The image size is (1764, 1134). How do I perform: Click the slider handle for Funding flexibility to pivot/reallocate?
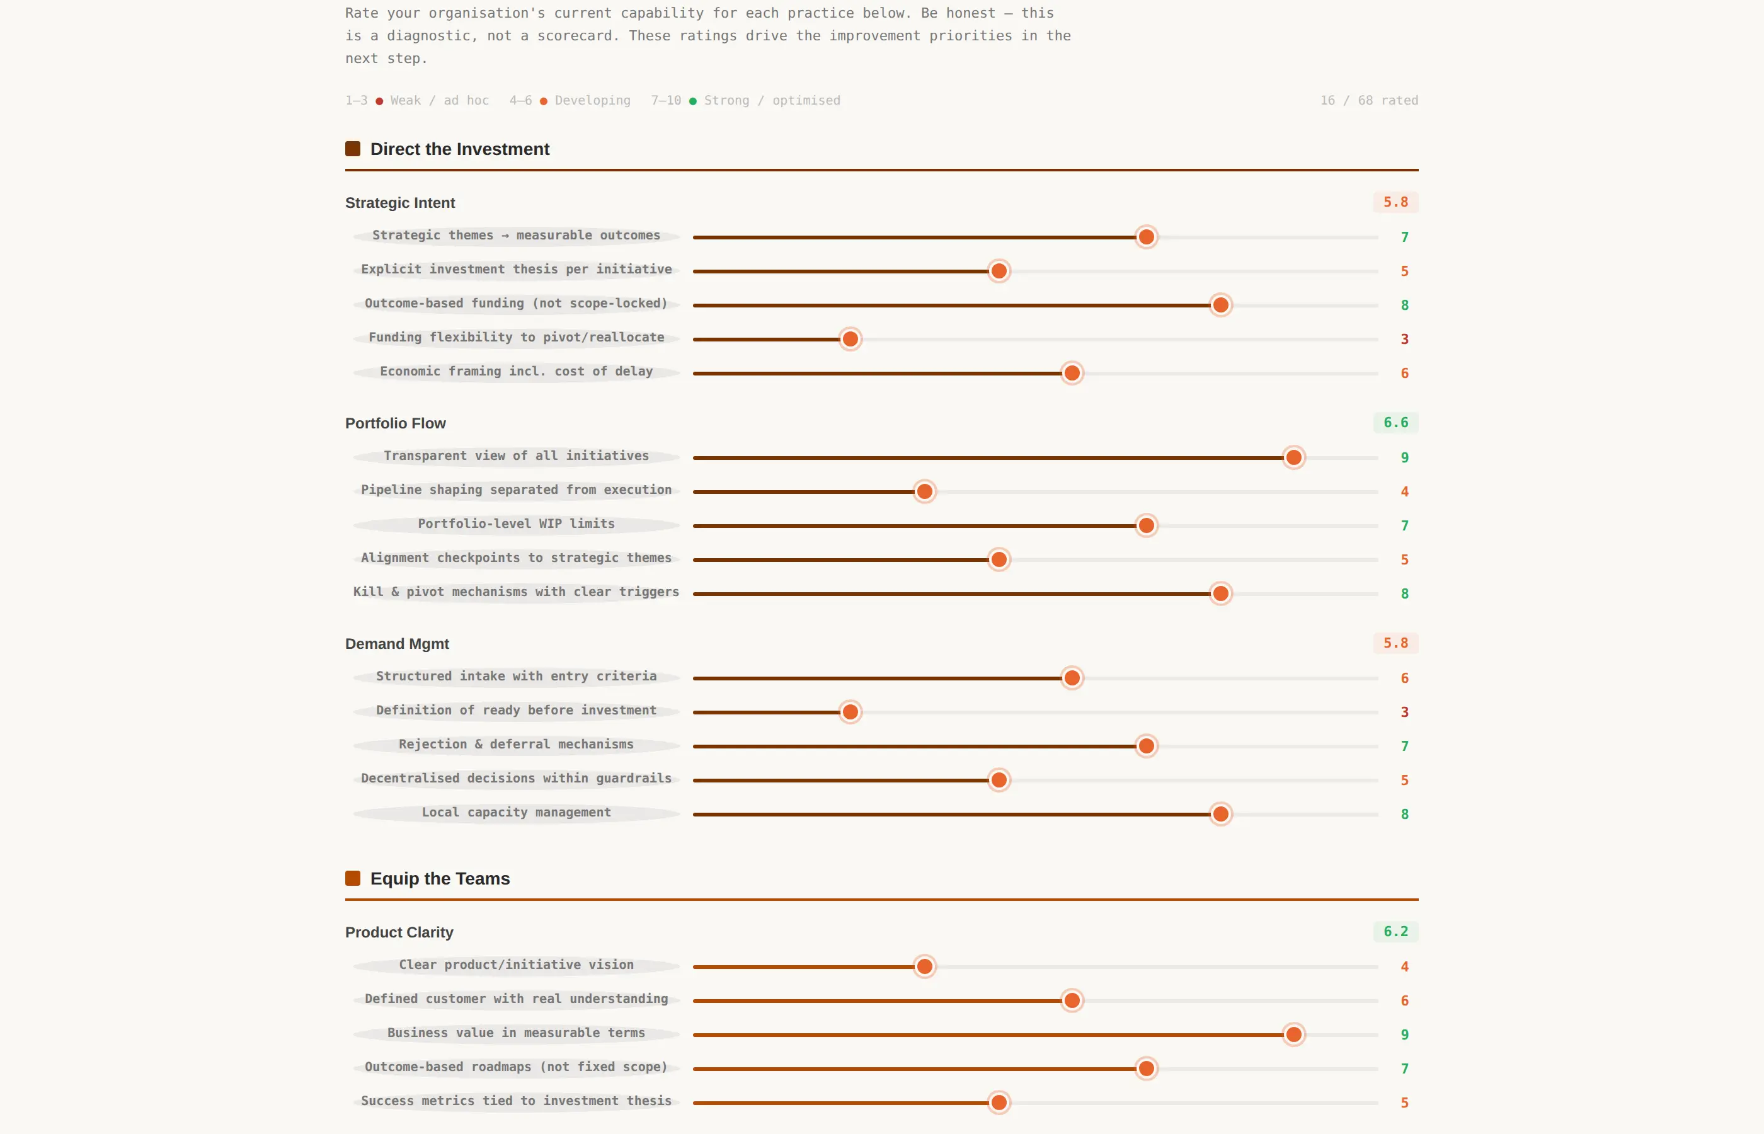pyautogui.click(x=850, y=339)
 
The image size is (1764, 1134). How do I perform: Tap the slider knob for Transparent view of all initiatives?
pyautogui.click(x=1293, y=457)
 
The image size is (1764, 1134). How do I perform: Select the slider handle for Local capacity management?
pyautogui.click(x=1221, y=814)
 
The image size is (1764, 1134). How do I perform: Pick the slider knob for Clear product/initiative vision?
pyautogui.click(x=925, y=966)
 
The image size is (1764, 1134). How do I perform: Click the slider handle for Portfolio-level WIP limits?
pyautogui.click(x=1147, y=525)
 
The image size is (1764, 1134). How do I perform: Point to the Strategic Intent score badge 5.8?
pyautogui.click(x=1395, y=202)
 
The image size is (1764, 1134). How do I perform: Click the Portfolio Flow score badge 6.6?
pyautogui.click(x=1395, y=423)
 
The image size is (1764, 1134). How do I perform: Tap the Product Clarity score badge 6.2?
pyautogui.click(x=1395, y=932)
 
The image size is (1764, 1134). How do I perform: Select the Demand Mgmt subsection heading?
pyautogui.click(x=397, y=644)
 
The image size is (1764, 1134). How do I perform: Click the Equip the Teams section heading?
pyautogui.click(x=440, y=878)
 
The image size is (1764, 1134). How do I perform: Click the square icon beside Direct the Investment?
pyautogui.click(x=353, y=149)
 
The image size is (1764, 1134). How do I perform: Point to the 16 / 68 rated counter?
pyautogui.click(x=1368, y=100)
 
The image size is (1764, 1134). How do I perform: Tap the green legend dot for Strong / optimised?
pyautogui.click(x=693, y=101)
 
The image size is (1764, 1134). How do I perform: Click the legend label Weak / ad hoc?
pyautogui.click(x=440, y=100)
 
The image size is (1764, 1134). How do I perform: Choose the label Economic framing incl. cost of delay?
pyautogui.click(x=516, y=371)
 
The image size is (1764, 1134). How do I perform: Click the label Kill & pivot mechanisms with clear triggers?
pyautogui.click(x=516, y=592)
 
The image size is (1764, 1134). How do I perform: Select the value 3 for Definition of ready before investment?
pyautogui.click(x=1404, y=712)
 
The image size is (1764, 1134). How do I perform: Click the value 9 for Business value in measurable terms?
pyautogui.click(x=1404, y=1034)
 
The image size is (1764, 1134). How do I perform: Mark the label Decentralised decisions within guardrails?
pyautogui.click(x=516, y=778)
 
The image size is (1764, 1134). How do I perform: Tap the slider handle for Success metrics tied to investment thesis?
pyautogui.click(x=999, y=1102)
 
